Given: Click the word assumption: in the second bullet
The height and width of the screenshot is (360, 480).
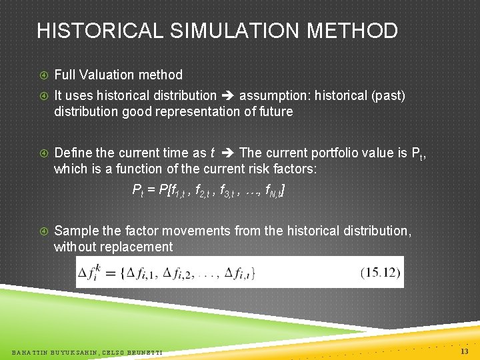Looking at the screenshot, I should coord(275,95).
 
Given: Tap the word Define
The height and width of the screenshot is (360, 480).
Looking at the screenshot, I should coord(73,153).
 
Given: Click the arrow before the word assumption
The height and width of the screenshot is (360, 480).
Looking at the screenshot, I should coord(228,95).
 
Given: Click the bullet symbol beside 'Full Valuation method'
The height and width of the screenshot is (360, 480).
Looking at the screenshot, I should coord(43,75).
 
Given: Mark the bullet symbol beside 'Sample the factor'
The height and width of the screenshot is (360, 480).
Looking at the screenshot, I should coord(43,231).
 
